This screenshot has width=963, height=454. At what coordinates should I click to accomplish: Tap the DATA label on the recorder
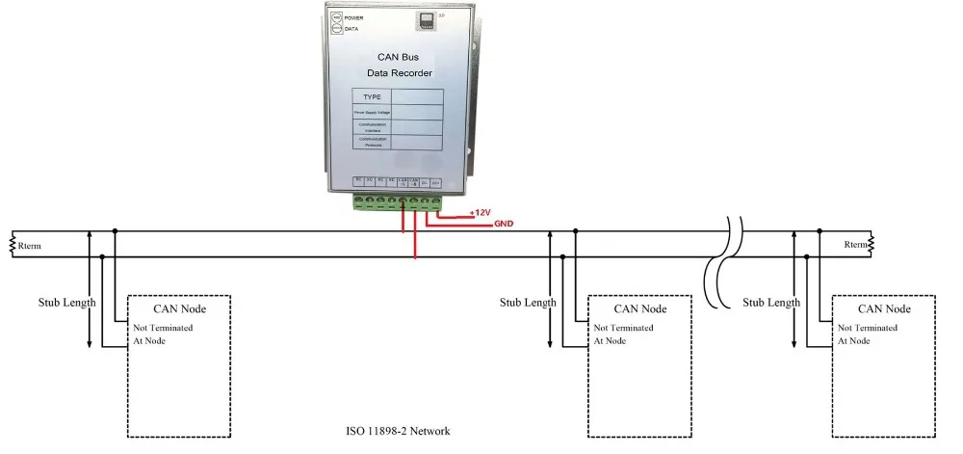(351, 29)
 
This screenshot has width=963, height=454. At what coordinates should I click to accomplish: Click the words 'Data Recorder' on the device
(400, 73)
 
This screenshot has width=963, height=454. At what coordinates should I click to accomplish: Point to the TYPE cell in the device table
(372, 97)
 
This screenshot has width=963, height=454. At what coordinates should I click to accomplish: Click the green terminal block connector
(398, 202)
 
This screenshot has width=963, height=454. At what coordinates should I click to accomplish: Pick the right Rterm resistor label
(854, 245)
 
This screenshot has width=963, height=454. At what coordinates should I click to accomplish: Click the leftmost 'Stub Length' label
(67, 303)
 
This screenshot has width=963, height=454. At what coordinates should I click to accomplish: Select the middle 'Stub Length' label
(528, 303)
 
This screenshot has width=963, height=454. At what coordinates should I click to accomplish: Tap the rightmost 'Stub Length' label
(771, 303)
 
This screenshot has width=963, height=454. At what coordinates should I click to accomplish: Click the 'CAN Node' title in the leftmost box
(180, 309)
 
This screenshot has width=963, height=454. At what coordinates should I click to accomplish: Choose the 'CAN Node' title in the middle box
(640, 309)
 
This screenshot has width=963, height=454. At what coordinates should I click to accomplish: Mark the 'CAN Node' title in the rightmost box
(883, 309)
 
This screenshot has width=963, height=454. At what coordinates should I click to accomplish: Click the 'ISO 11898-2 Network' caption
(398, 431)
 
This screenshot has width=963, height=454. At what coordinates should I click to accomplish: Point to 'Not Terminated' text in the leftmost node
(163, 328)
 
